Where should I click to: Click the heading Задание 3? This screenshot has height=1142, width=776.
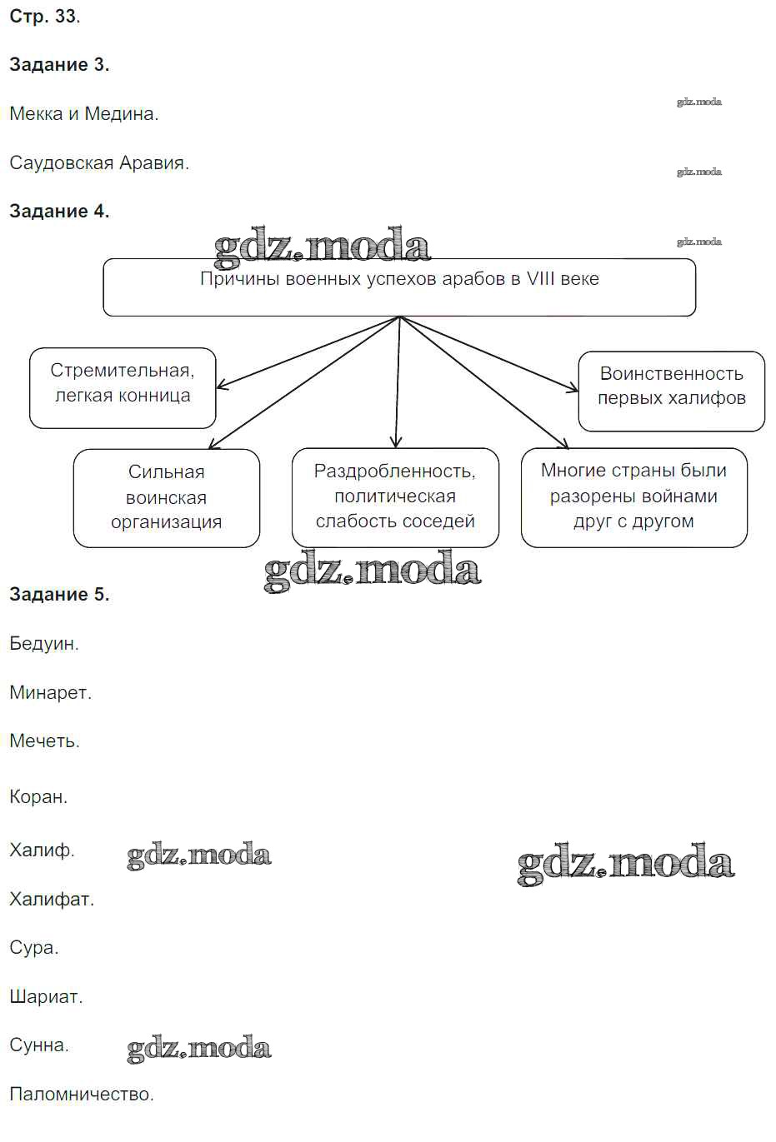click(x=59, y=65)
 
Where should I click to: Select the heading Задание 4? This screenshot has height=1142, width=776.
click(x=59, y=212)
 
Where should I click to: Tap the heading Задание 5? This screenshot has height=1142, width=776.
click(x=59, y=595)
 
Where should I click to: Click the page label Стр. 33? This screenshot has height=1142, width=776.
click(x=44, y=17)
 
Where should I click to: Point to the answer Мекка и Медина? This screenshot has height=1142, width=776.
click(x=83, y=114)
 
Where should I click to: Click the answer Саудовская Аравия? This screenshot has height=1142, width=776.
click(x=99, y=163)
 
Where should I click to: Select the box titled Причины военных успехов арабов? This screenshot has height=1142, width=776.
click(x=399, y=287)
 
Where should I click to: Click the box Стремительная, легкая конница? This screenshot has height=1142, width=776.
click(x=123, y=387)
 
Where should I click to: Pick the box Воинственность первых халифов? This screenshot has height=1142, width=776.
click(x=671, y=391)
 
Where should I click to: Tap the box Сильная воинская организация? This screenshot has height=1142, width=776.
click(x=166, y=497)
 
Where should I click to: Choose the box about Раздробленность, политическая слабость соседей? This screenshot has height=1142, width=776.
click(x=395, y=497)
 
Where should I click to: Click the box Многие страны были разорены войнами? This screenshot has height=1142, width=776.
click(x=633, y=497)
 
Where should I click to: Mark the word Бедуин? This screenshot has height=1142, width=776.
click(x=44, y=644)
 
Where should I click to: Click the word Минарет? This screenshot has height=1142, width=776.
click(x=50, y=693)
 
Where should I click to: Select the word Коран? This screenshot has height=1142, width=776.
click(x=38, y=797)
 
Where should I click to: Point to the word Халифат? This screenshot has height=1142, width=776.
click(x=52, y=900)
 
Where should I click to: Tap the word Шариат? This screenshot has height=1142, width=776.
click(x=46, y=997)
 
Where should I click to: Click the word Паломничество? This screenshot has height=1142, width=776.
click(x=82, y=1095)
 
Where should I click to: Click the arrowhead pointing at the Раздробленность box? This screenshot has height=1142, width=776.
click(x=396, y=442)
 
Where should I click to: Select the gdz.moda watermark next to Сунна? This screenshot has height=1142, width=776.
click(x=199, y=1048)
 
